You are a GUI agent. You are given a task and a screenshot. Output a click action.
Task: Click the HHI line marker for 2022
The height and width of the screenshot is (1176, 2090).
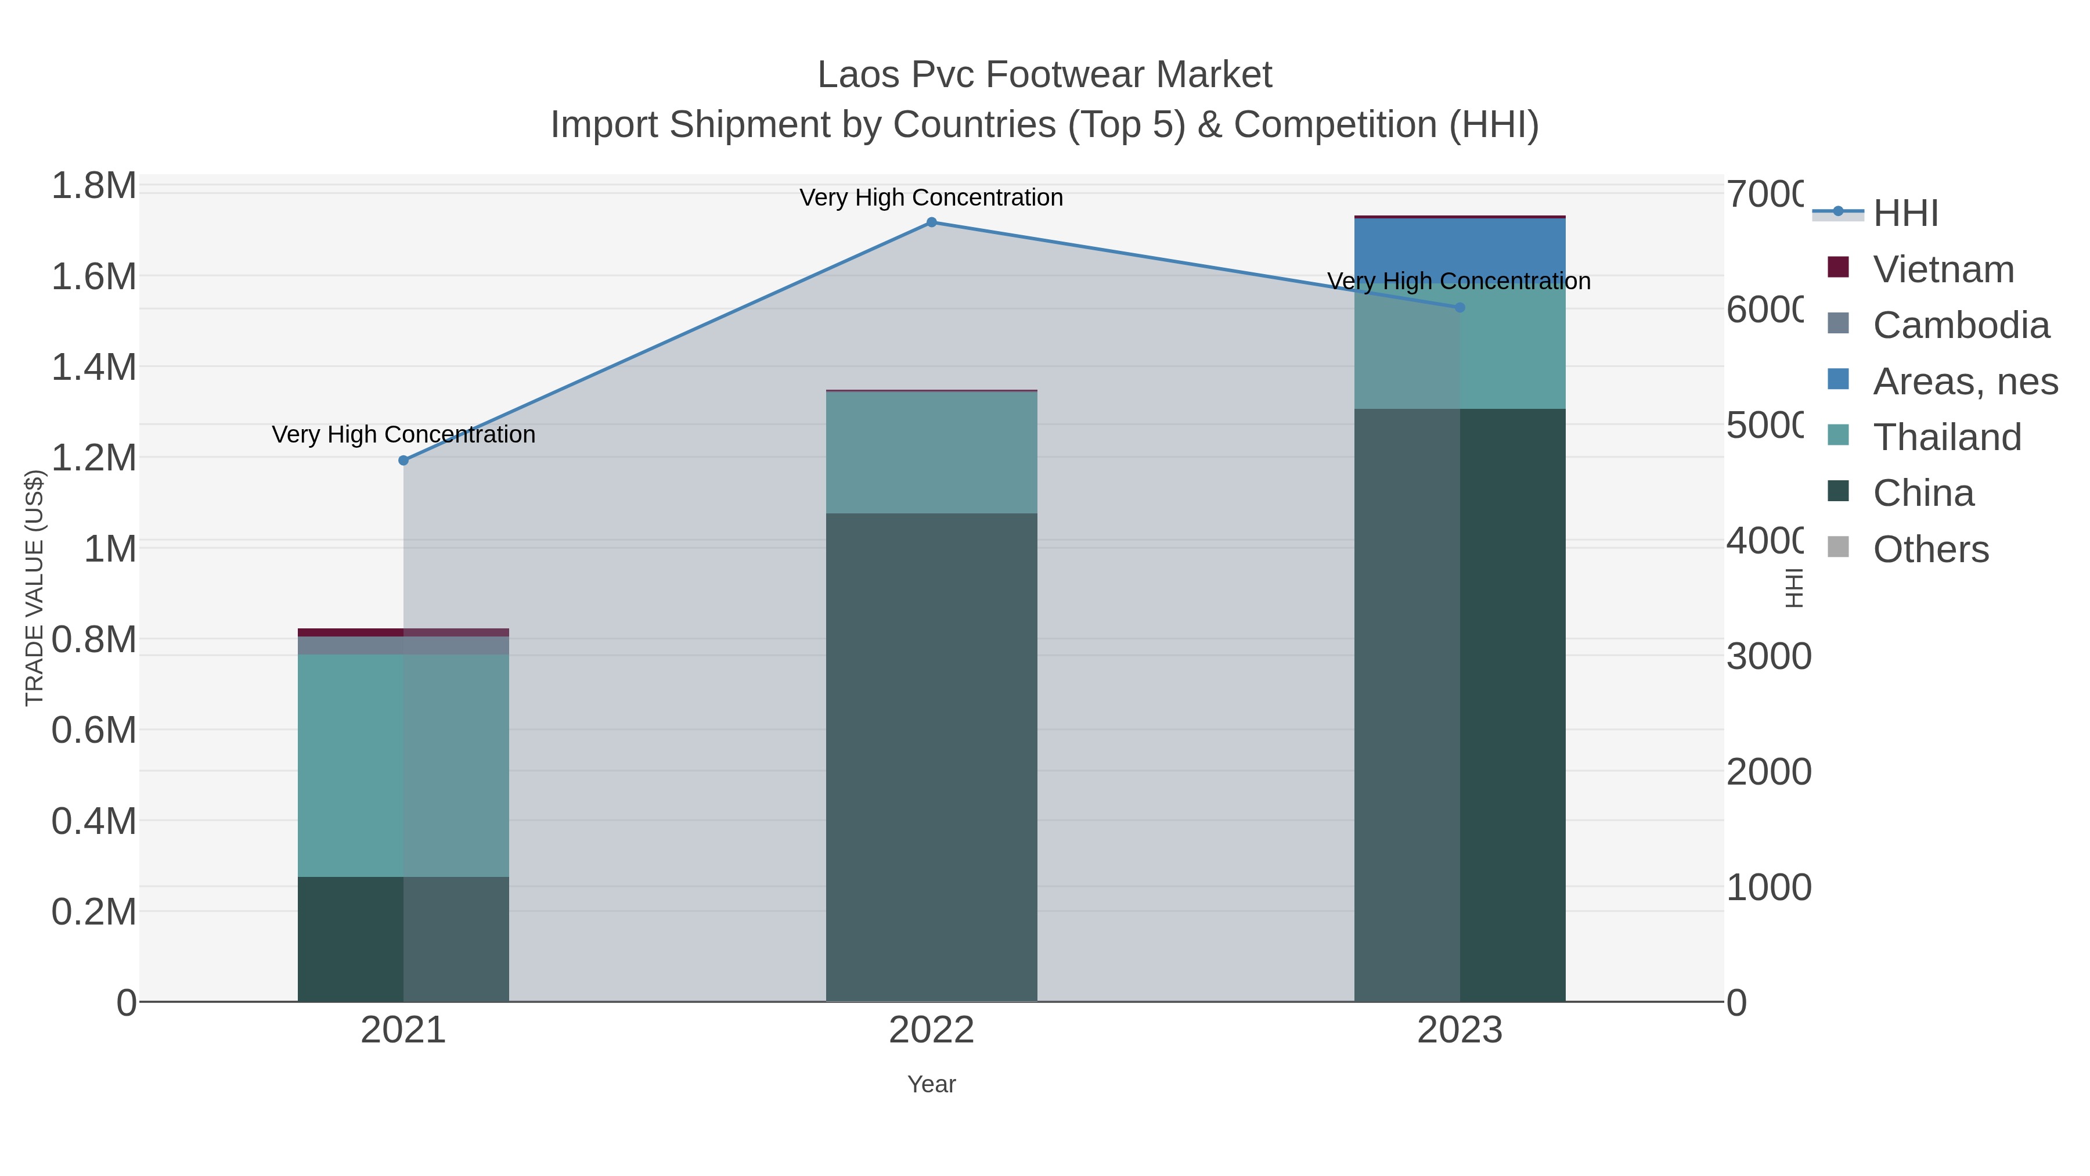click(x=931, y=222)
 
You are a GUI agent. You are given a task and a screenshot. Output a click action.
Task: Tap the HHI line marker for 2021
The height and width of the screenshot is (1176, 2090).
click(x=403, y=460)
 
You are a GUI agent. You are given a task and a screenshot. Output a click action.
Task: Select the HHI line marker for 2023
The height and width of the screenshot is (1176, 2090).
click(x=1460, y=308)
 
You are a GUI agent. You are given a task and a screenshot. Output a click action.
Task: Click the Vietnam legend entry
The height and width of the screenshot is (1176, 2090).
click(x=1943, y=269)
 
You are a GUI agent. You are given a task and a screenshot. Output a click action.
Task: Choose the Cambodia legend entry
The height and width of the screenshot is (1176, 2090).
click(x=1960, y=325)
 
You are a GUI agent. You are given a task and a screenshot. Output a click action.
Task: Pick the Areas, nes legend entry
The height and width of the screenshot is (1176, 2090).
click(x=1964, y=382)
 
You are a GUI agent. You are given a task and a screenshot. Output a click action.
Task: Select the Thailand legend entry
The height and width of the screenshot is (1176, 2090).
click(x=1947, y=437)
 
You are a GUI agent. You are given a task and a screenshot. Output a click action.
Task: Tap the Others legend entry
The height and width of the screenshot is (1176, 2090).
click(x=1930, y=549)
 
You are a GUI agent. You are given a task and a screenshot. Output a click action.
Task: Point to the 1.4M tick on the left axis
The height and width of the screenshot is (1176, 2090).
click(x=94, y=367)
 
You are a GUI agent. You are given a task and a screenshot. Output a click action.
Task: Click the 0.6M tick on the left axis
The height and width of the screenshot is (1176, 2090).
click(x=94, y=729)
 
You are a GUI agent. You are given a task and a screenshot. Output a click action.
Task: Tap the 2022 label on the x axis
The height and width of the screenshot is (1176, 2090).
click(x=931, y=1030)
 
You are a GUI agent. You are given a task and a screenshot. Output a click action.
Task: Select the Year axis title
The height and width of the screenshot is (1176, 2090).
click(x=931, y=1084)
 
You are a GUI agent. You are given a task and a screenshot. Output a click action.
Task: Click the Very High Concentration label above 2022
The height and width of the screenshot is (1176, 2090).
click(x=931, y=197)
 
